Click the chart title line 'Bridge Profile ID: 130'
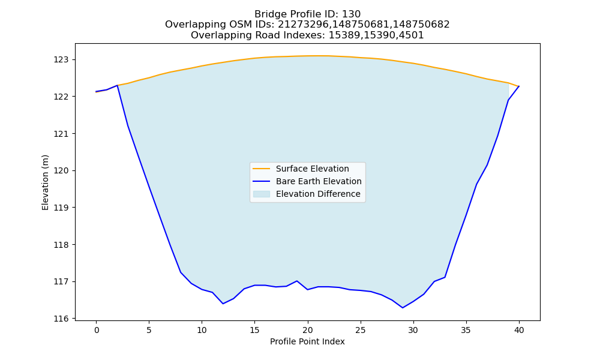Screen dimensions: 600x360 [x=307, y=14]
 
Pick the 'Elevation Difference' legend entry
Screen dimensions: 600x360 [x=307, y=194]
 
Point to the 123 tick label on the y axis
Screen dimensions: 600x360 [x=61, y=59]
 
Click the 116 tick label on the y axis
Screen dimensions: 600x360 [x=61, y=319]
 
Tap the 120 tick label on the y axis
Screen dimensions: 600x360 [x=61, y=170]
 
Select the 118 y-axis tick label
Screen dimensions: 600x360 [x=61, y=245]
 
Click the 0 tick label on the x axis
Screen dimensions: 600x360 [x=97, y=330]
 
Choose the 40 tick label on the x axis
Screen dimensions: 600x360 [x=519, y=330]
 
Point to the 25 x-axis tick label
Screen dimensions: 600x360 [x=361, y=330]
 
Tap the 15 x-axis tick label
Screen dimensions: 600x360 [x=255, y=330]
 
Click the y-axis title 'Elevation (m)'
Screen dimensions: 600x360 [x=45, y=182]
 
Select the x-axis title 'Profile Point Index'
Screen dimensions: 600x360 [x=307, y=341]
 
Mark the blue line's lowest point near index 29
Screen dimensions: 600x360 [x=403, y=308]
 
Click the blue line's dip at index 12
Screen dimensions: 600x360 [x=223, y=304]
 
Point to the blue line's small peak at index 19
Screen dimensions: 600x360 [x=297, y=281]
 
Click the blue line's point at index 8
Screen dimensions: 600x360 [x=181, y=272]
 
